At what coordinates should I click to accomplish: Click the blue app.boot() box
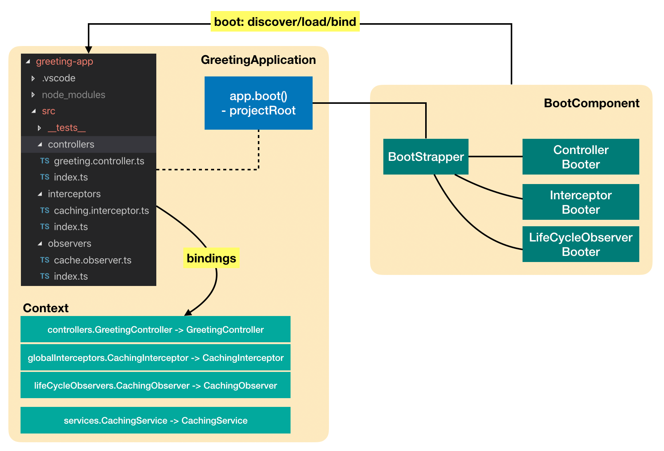pos(258,103)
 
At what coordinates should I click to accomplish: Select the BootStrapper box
pos(426,157)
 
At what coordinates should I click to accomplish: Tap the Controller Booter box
pos(580,157)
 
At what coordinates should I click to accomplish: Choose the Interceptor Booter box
pos(580,202)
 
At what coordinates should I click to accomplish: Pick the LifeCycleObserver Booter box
pos(580,244)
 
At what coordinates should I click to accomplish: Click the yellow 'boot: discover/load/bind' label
pos(285,22)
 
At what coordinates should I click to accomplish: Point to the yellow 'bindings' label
pos(211,258)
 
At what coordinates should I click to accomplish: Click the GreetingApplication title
pos(258,60)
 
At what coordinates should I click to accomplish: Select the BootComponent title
pos(591,103)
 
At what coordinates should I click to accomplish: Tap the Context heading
pos(46,308)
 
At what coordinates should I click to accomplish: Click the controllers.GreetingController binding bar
pos(155,329)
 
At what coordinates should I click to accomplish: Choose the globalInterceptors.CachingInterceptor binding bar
pos(155,357)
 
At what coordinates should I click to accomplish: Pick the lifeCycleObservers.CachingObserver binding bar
pos(155,385)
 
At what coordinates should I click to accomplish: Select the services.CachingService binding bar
pos(155,420)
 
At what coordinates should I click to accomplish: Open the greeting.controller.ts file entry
pos(99,161)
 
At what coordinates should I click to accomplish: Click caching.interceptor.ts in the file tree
pos(101,210)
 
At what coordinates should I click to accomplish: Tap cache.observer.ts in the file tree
pos(92,260)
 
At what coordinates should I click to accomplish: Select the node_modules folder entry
pos(73,95)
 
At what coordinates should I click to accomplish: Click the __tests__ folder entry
pos(67,128)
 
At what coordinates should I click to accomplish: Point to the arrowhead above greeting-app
pos(89,50)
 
